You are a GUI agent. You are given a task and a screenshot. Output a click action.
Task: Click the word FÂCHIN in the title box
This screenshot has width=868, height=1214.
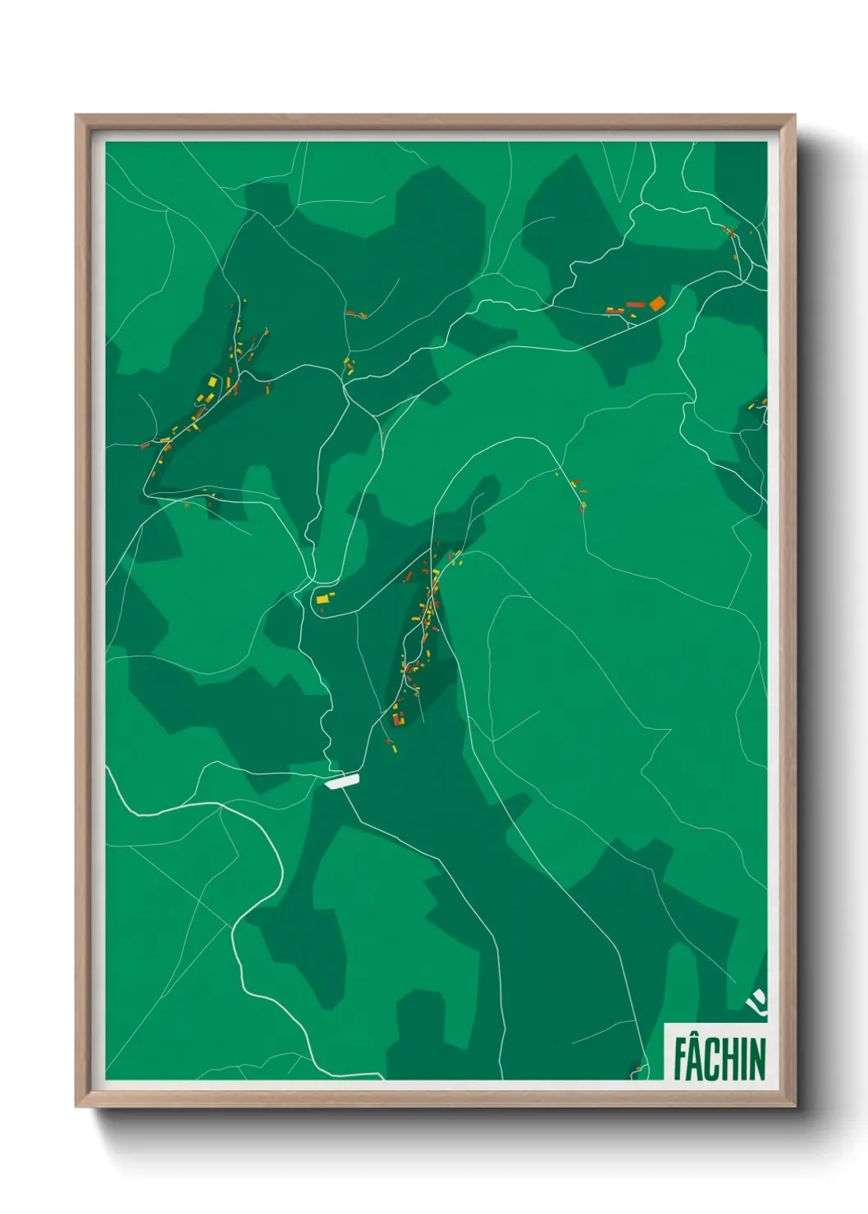coord(720,1058)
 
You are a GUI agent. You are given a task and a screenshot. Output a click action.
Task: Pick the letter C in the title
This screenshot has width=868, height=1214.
coord(711,1060)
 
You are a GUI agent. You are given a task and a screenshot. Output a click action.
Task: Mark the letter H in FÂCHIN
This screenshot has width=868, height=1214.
coord(729,1060)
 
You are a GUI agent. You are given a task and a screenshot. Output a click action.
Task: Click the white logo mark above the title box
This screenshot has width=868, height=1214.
coord(756,1002)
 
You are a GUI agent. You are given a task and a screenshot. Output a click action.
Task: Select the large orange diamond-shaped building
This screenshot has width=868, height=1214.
coord(656,304)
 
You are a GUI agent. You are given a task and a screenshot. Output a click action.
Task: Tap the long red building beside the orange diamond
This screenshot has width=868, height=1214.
coord(635,305)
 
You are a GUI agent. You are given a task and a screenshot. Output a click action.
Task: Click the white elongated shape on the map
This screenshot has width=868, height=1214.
coord(342,782)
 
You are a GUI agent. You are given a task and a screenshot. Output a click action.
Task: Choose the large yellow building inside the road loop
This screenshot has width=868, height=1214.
coord(322,600)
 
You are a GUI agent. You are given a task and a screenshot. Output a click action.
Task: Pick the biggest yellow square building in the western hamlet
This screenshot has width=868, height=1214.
coord(212,382)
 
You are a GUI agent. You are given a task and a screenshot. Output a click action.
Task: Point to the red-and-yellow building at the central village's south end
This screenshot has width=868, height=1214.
coord(399,719)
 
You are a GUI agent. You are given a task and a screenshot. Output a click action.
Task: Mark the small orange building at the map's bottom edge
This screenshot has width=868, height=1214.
coord(636,1070)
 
